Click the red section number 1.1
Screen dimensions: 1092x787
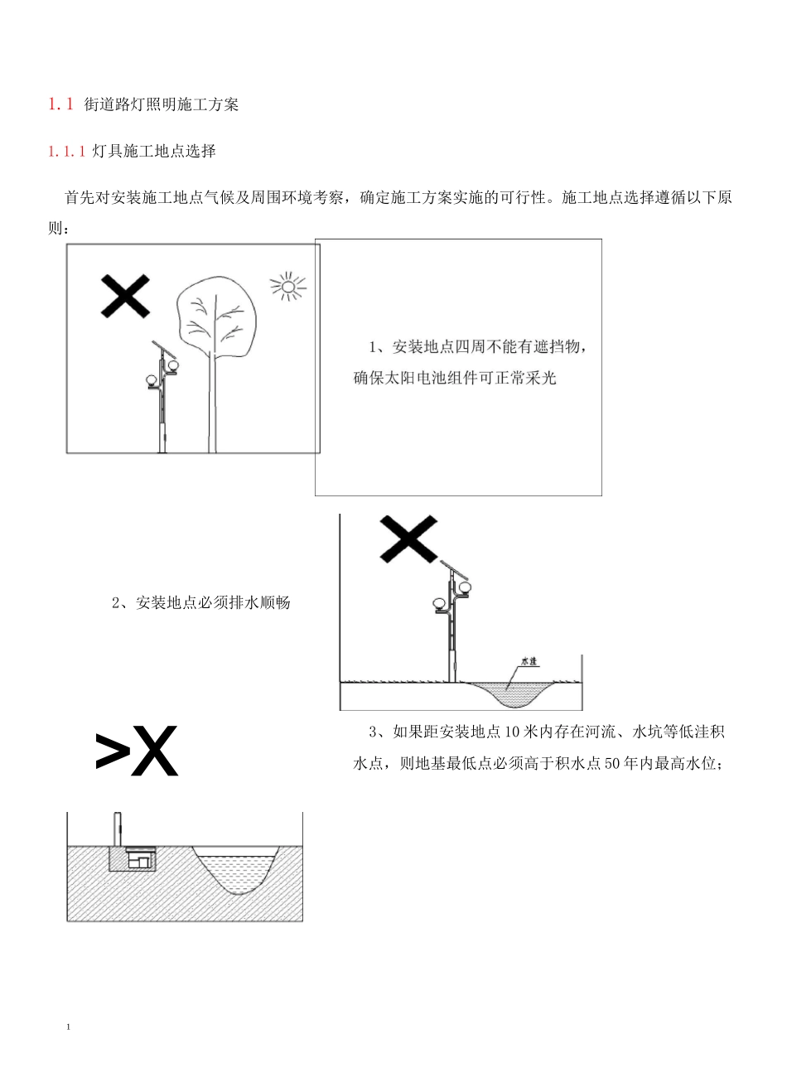click(x=60, y=104)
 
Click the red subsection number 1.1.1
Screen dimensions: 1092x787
click(x=66, y=152)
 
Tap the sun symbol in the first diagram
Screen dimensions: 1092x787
click(x=287, y=287)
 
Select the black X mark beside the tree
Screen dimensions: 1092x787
click(x=125, y=296)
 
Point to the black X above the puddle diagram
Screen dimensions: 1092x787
click(x=408, y=539)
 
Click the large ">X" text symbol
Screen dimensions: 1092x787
click(x=137, y=751)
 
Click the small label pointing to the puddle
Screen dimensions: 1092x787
click(x=529, y=662)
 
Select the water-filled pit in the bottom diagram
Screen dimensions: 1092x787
click(x=236, y=870)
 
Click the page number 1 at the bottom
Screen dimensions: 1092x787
click(x=68, y=1028)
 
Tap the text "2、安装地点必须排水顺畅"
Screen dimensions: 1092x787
click(x=200, y=603)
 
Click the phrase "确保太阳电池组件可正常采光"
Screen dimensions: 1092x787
click(x=455, y=379)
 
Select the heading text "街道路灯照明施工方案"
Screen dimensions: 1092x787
click(x=162, y=104)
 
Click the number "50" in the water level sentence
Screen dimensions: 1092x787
click(x=613, y=764)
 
